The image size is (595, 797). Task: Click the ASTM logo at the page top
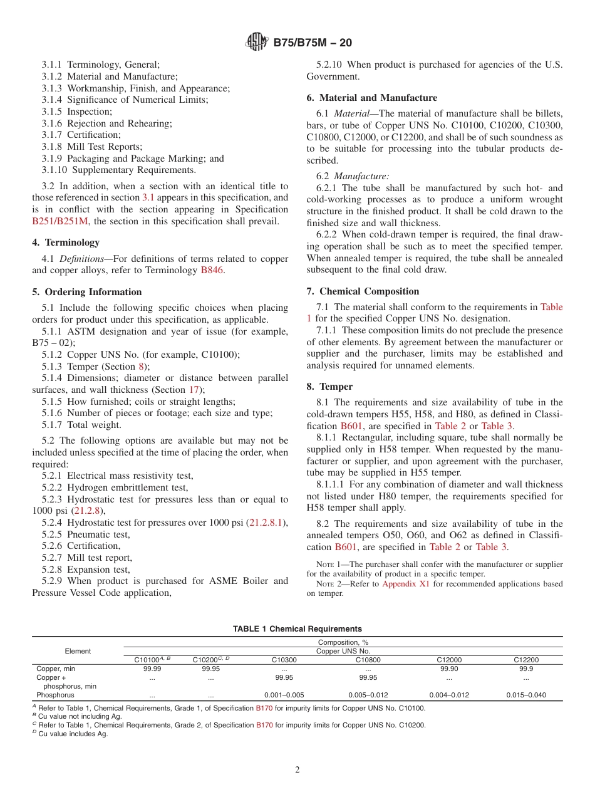click(256, 43)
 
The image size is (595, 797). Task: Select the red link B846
click(212, 270)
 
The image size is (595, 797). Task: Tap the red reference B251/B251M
click(60, 221)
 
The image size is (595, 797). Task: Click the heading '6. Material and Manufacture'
click(372, 98)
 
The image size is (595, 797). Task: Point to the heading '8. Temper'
click(329, 387)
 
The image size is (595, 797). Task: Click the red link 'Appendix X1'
click(404, 584)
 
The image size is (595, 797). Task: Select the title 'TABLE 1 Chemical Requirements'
click(297, 629)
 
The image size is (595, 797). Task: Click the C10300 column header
click(284, 660)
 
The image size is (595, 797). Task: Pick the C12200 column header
click(525, 660)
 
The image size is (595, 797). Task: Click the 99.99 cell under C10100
click(152, 669)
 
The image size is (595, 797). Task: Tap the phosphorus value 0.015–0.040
click(525, 695)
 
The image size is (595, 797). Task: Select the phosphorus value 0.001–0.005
click(284, 695)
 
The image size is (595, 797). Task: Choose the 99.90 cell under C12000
click(449, 669)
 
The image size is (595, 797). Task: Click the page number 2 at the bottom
click(297, 770)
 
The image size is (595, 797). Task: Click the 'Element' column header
click(78, 651)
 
